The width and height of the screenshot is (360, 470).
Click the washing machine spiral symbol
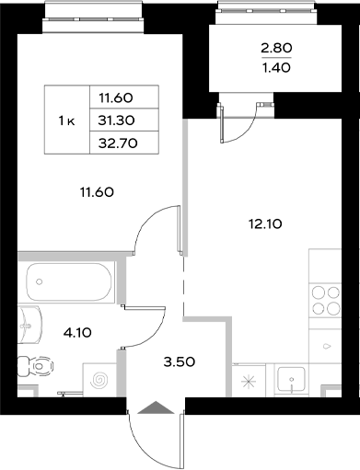(99, 379)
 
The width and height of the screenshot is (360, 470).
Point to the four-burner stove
(325, 301)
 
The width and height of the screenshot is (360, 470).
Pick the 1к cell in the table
(66, 120)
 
